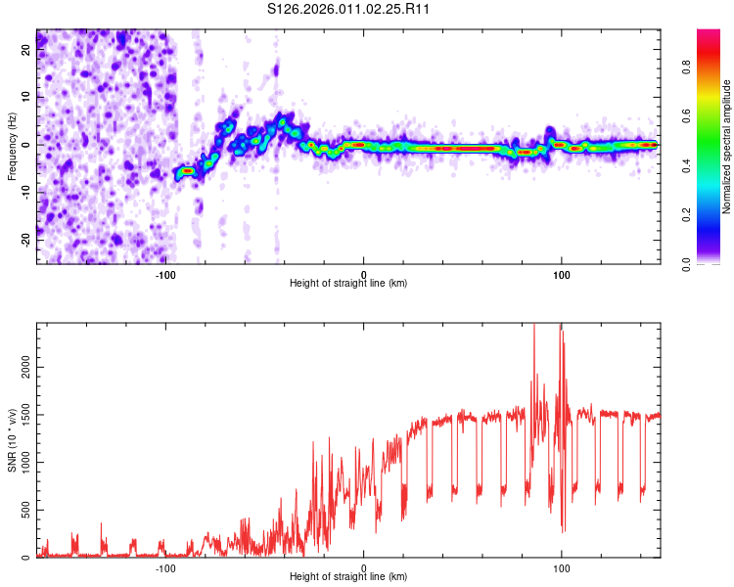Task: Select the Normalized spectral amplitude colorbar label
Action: pos(727,147)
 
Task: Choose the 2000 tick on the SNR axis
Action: pos(20,367)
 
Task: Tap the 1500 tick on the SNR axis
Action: pos(20,415)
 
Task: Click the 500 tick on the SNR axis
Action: pos(23,510)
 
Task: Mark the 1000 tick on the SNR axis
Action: pos(20,463)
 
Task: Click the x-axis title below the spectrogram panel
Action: pos(348,284)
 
